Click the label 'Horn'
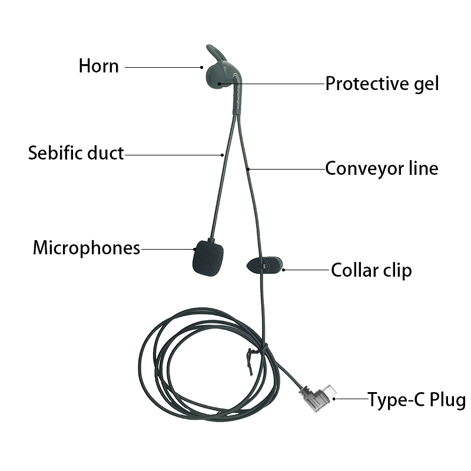[98, 66]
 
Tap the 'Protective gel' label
[382, 84]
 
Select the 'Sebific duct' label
[76, 153]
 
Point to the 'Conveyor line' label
[382, 169]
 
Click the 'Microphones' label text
[87, 248]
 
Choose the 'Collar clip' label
[372, 271]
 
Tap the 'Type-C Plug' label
[417, 400]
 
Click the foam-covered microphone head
[208, 258]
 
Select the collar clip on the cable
[264, 266]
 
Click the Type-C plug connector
[318, 398]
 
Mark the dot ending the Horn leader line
[201, 67]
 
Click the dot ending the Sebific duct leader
[223, 155]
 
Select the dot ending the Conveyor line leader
[248, 170]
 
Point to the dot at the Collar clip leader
[284, 270]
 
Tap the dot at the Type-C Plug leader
[334, 399]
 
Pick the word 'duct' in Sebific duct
[105, 153]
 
